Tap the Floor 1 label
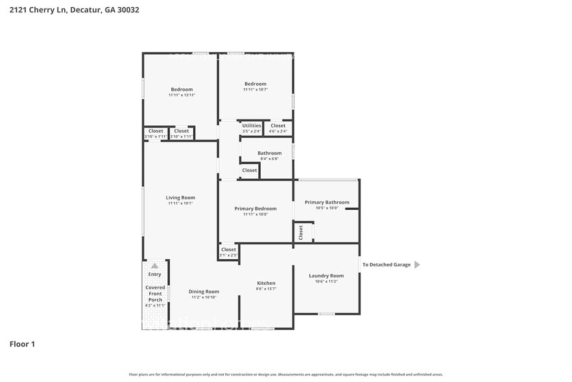(x=22, y=344)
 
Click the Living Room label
(x=180, y=198)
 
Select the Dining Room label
(x=204, y=292)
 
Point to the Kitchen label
(x=266, y=283)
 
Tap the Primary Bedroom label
(x=255, y=209)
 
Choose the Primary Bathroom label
(x=327, y=203)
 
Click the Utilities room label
(x=252, y=126)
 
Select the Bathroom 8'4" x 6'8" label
(x=270, y=154)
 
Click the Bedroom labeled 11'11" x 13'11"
(x=182, y=90)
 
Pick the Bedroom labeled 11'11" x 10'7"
(x=255, y=84)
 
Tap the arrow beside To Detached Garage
(x=417, y=264)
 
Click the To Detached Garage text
(x=386, y=264)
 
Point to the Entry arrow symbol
(x=154, y=266)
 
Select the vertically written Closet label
(x=301, y=233)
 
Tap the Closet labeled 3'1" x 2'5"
(x=228, y=250)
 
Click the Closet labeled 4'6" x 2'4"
(x=278, y=126)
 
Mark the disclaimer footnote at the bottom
(x=285, y=374)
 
